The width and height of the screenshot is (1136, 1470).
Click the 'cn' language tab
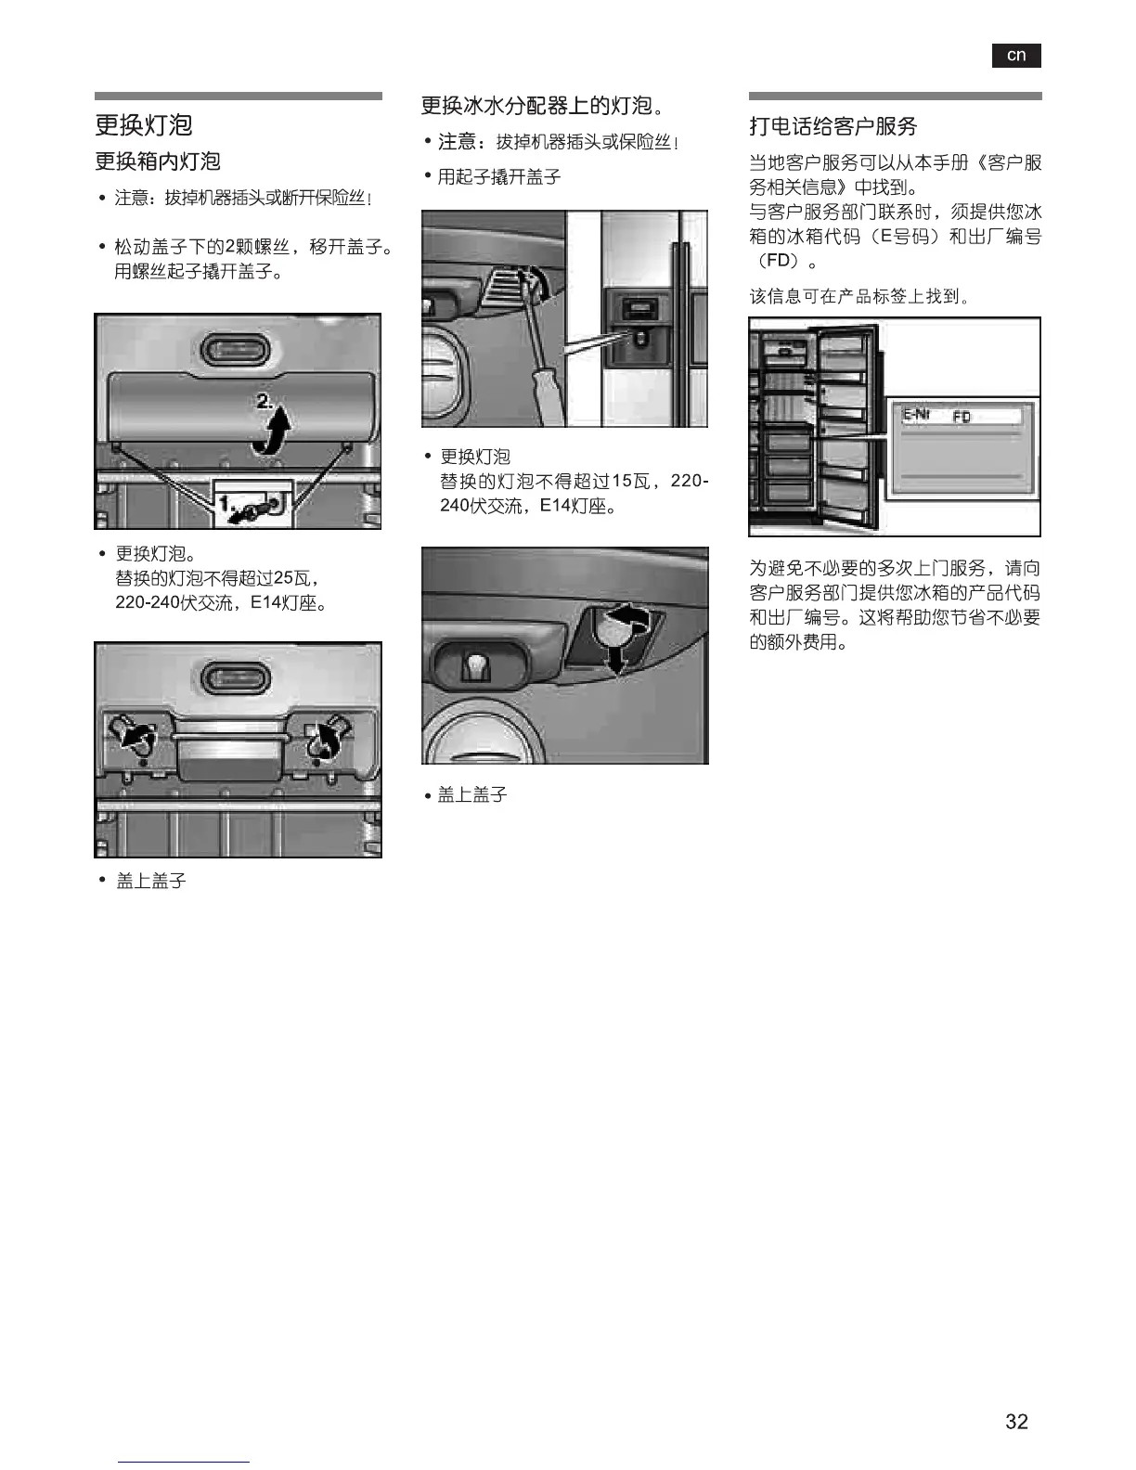tap(1016, 56)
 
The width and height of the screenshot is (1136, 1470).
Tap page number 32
tap(1016, 1421)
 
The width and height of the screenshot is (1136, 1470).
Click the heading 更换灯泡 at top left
tap(144, 125)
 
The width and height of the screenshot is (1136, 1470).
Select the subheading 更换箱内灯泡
tap(158, 161)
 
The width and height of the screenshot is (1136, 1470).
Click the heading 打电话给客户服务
tap(833, 126)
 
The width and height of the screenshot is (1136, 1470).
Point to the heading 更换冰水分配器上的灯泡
tap(542, 106)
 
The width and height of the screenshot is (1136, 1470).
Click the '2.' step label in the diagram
tap(265, 402)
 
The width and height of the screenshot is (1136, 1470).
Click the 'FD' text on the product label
tap(962, 418)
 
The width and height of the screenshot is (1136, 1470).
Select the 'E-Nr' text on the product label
tap(917, 415)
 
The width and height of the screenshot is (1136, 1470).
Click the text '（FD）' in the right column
tap(779, 261)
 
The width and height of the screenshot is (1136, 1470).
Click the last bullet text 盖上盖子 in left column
tap(151, 881)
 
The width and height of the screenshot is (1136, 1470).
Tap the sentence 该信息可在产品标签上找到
tap(859, 297)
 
